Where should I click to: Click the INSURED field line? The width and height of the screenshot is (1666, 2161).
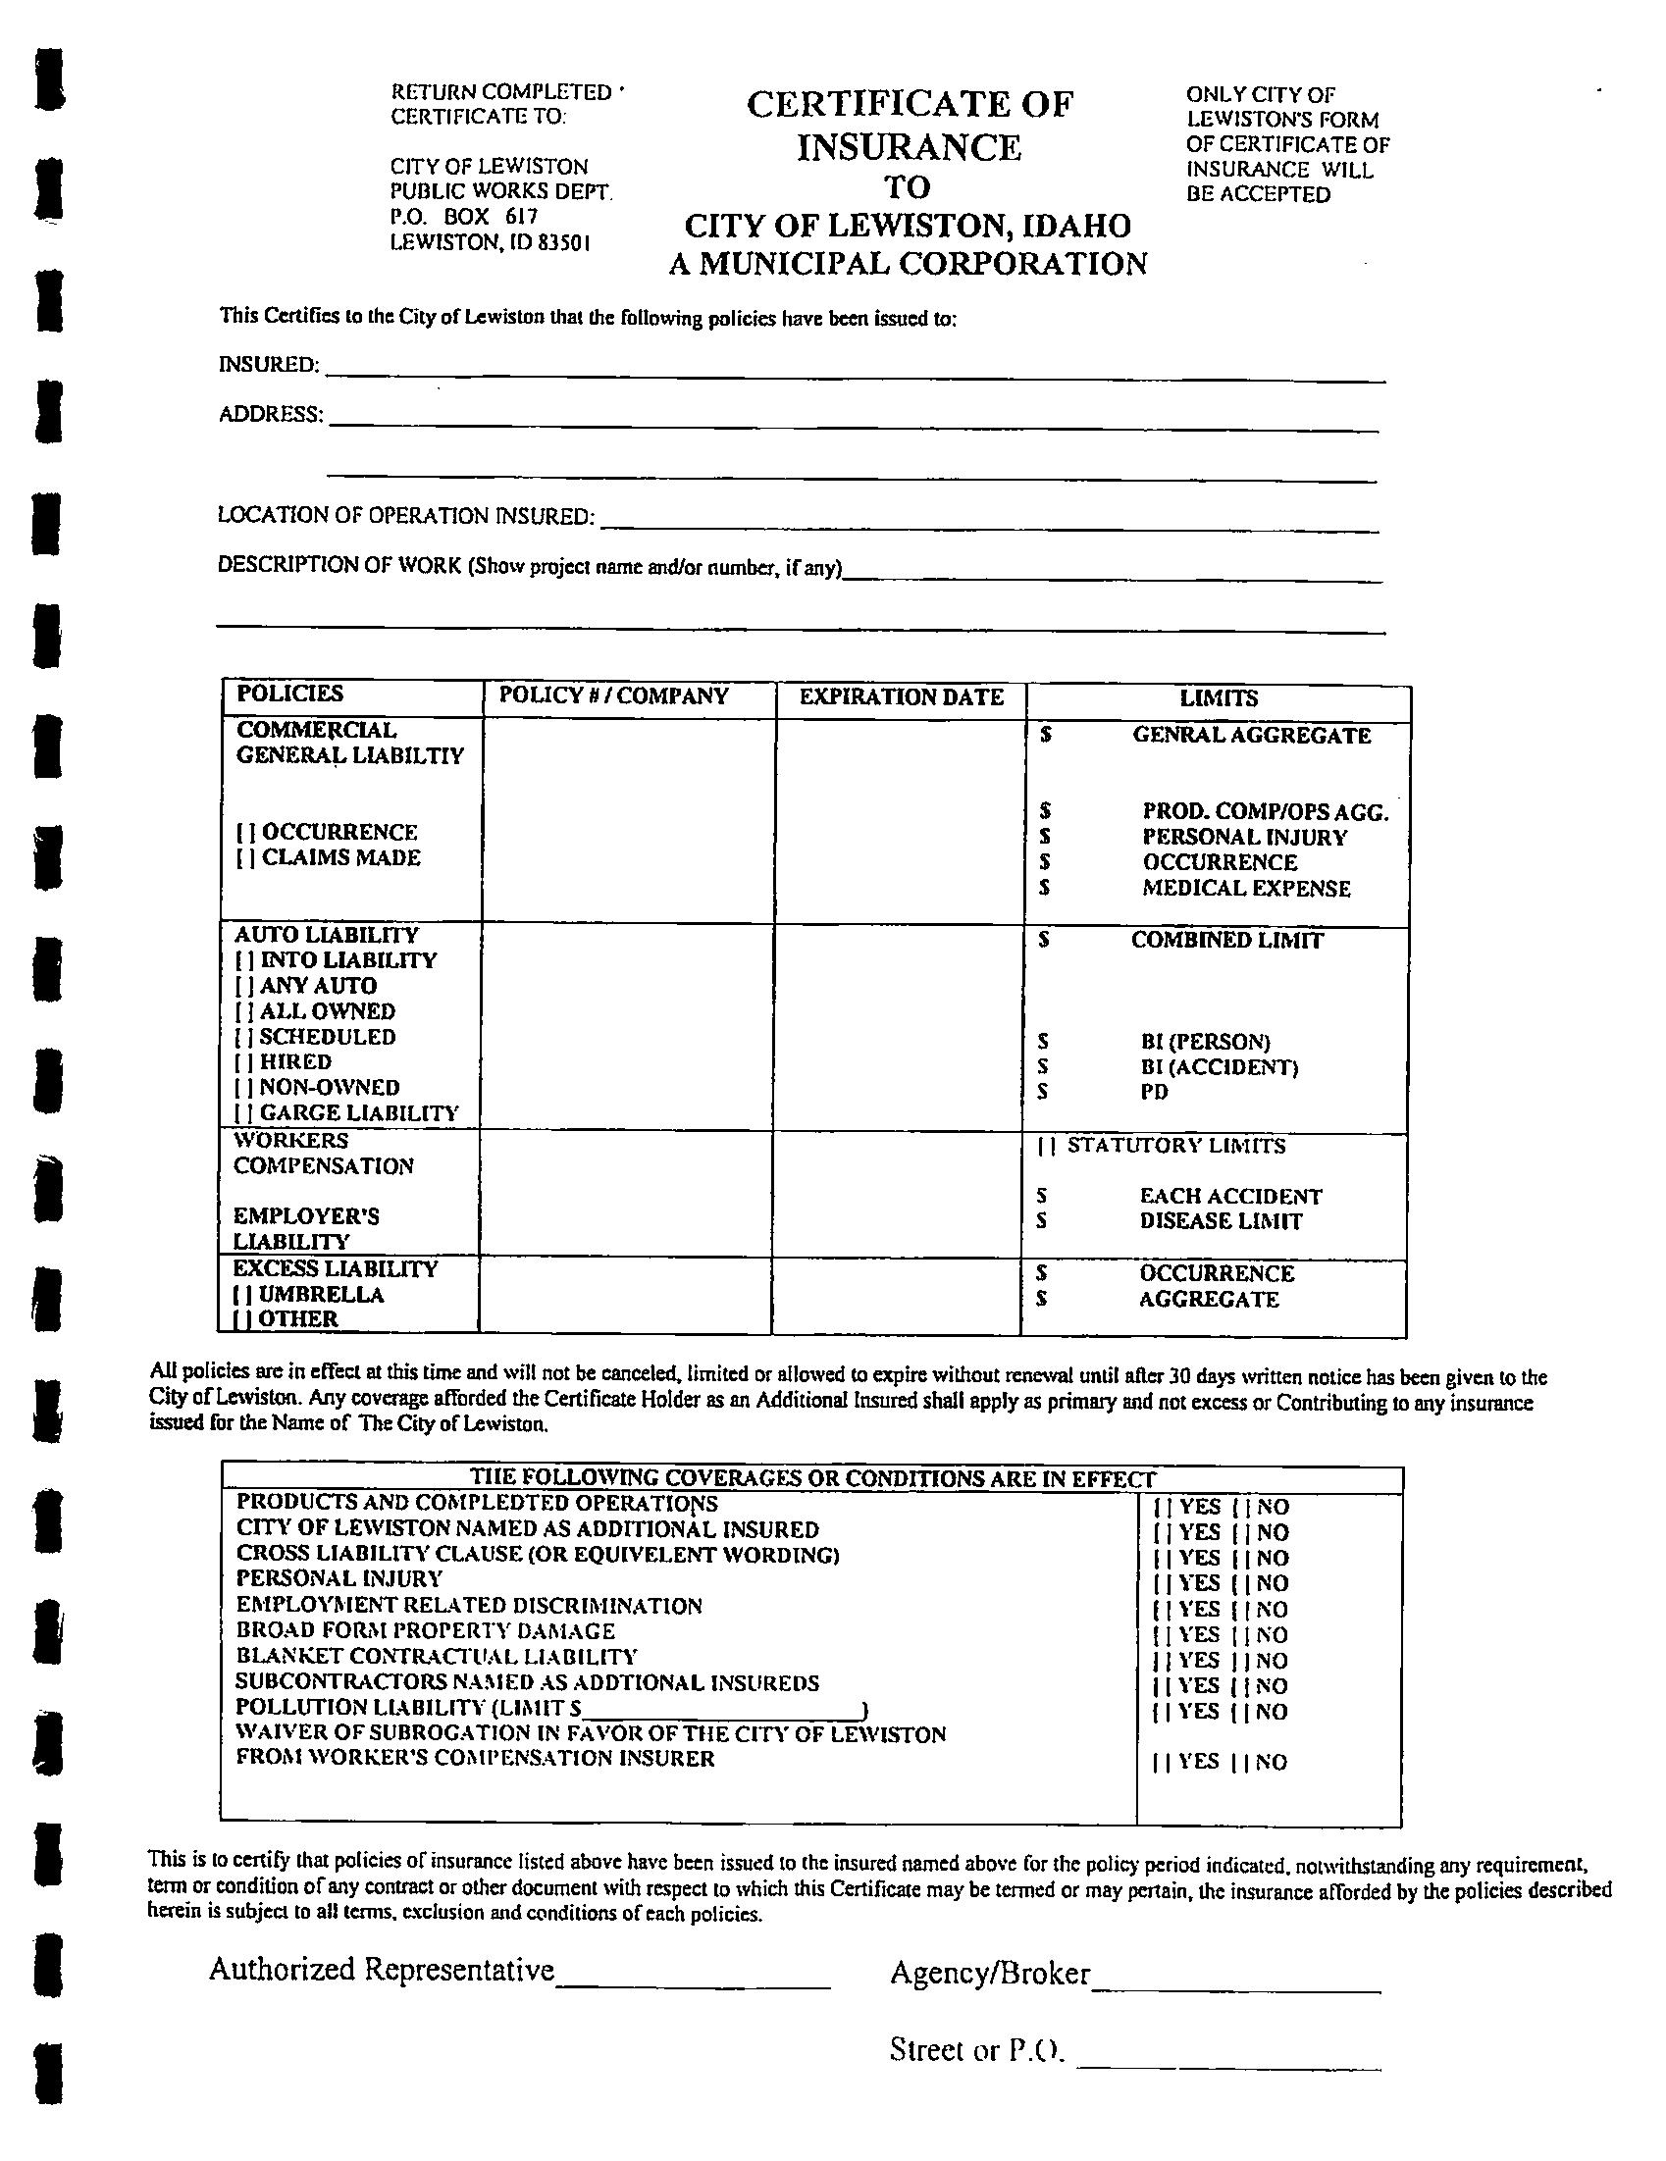click(855, 376)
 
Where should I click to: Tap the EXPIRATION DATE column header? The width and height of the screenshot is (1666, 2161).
click(901, 697)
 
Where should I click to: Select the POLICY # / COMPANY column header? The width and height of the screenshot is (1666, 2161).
click(613, 695)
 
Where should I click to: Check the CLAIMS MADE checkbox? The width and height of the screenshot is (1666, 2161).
click(241, 859)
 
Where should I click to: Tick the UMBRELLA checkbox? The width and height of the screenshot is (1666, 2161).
click(239, 1295)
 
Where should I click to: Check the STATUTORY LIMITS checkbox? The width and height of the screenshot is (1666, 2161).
click(1046, 1147)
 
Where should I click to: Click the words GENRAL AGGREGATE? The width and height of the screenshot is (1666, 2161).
click(1251, 736)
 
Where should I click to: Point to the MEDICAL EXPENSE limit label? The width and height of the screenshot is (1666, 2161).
click(1246, 889)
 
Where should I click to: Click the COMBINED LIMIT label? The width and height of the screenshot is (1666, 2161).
click(1226, 941)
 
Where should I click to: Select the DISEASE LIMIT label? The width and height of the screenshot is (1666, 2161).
click(1221, 1222)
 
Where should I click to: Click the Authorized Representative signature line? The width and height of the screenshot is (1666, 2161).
click(692, 1985)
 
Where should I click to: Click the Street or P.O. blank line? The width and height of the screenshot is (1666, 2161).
click(1227, 2066)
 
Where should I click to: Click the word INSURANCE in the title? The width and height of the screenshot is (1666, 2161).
click(909, 147)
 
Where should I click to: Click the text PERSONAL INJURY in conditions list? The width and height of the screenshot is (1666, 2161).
click(338, 1579)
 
